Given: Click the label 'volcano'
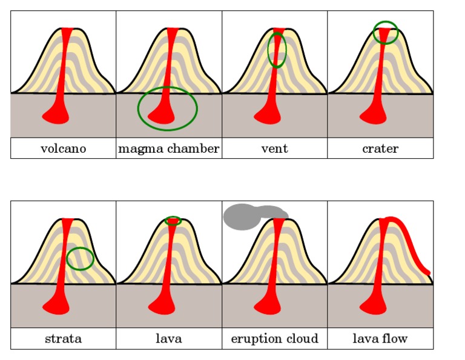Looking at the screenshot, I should pyautogui.click(x=63, y=148).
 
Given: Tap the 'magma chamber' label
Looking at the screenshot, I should pyautogui.click(x=168, y=148).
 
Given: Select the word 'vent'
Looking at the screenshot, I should pyautogui.click(x=274, y=148).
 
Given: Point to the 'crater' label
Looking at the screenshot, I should pyautogui.click(x=380, y=148).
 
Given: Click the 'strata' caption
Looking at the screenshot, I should pyautogui.click(x=63, y=339).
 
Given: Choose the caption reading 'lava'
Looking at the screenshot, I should pyautogui.click(x=168, y=339).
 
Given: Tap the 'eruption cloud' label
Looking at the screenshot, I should pyautogui.click(x=274, y=339).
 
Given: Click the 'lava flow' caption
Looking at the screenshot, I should pyautogui.click(x=380, y=339).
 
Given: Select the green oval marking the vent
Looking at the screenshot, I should pyautogui.click(x=269, y=50).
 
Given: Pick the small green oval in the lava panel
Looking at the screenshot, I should pyautogui.click(x=173, y=216).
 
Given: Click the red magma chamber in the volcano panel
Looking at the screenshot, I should pyautogui.click(x=56, y=115).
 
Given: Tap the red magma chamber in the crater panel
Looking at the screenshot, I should pyautogui.click(x=374, y=115).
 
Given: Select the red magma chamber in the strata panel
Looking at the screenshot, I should pyautogui.click(x=56, y=305).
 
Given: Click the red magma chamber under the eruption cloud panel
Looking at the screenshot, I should pyautogui.click(x=268, y=305).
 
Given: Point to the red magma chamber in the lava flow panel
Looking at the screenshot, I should pyautogui.click(x=374, y=305).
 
